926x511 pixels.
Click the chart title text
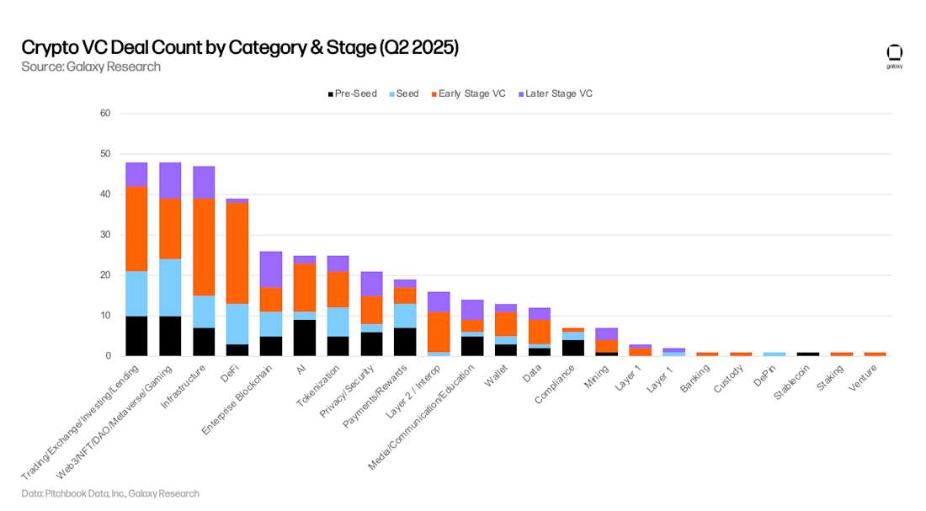[240, 47]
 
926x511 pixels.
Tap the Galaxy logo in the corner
[894, 56]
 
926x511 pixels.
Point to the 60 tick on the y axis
[105, 114]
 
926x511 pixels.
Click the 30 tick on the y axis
[105, 235]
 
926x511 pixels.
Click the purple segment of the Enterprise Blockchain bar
[270, 269]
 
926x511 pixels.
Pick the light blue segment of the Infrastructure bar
[204, 311]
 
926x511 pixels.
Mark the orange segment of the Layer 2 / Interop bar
[439, 332]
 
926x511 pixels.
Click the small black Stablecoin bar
[807, 354]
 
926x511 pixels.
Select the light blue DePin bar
[774, 354]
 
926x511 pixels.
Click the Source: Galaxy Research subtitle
[91, 67]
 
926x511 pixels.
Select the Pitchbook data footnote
[110, 493]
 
